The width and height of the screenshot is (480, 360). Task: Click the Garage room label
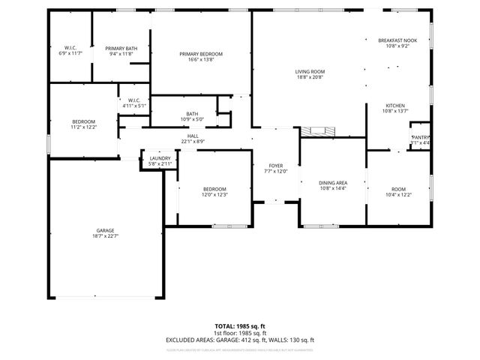coord(105,231)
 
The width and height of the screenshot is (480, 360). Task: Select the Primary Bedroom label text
coord(200,54)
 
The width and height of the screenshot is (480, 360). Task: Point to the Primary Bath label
coord(121,48)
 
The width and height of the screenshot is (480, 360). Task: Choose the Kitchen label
coord(395,105)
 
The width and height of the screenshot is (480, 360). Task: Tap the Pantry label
coord(420,137)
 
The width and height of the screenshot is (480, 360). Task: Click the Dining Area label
coord(332,182)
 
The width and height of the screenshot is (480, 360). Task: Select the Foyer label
coord(277,166)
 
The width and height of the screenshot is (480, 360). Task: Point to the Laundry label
coord(160,158)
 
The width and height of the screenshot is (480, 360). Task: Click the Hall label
coord(193,136)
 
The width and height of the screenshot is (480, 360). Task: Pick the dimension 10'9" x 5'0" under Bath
coord(193,119)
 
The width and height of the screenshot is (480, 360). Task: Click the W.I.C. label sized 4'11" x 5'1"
coord(134,100)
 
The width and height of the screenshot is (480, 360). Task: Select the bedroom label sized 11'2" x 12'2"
coord(83,121)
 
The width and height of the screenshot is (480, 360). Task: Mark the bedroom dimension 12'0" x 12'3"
coord(214,195)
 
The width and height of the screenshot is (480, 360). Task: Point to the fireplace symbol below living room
coord(319,132)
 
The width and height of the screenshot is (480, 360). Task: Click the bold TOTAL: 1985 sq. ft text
coord(239,326)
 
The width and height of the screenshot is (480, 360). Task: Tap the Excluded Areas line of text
coord(239,340)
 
